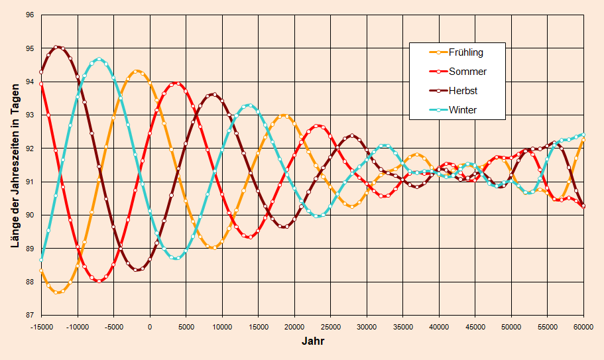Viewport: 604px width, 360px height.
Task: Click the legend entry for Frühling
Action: (x=465, y=52)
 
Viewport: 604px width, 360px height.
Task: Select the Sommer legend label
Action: (x=467, y=72)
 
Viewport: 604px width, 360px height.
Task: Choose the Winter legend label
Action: (x=462, y=110)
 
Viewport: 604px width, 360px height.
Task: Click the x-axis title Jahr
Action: (x=312, y=342)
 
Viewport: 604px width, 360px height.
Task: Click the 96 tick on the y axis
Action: (x=29, y=15)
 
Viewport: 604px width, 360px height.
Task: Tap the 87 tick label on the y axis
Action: (x=29, y=315)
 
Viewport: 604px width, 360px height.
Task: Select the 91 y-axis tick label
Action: (x=29, y=182)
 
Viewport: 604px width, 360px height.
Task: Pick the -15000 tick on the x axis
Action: (x=41, y=327)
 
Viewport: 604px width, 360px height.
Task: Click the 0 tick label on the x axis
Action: (x=150, y=327)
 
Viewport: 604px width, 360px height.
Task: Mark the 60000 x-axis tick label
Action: (x=583, y=327)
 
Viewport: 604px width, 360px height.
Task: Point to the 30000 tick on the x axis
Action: (x=367, y=327)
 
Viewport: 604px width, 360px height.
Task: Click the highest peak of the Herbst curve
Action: (x=58, y=46)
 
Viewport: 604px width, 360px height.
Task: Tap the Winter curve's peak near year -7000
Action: (x=99, y=59)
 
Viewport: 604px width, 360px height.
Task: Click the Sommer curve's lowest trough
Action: (x=99, y=281)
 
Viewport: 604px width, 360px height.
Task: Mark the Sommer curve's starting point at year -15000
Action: (x=41, y=84)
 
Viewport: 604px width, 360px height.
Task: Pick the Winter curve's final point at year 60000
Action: (x=583, y=135)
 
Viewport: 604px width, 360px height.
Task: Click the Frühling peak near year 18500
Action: (x=284, y=115)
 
